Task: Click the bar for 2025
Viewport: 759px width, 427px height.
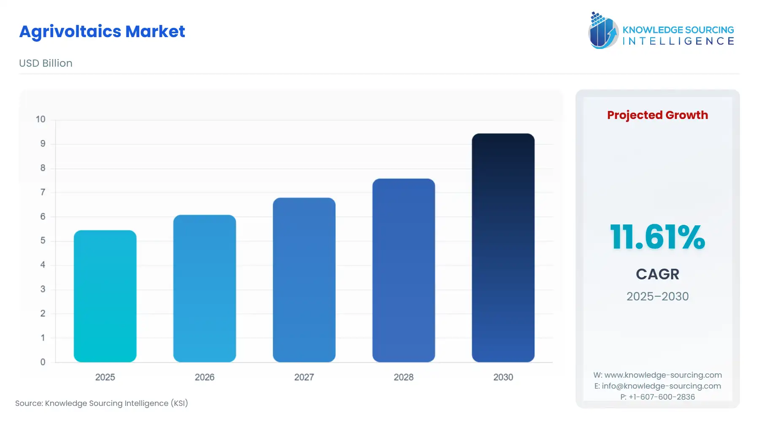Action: pos(105,296)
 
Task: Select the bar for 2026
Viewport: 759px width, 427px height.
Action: pos(205,289)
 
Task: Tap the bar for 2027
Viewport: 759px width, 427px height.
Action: pos(304,280)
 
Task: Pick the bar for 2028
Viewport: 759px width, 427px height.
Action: pos(404,270)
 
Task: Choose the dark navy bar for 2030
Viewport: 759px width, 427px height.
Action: pos(503,248)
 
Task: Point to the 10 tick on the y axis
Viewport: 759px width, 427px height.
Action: pos(40,119)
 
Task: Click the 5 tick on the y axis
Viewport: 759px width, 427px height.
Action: pos(43,241)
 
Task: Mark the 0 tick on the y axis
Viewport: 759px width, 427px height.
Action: pos(43,362)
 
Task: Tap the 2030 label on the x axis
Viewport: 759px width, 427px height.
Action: pos(503,377)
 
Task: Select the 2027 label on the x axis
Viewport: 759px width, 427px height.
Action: pos(304,377)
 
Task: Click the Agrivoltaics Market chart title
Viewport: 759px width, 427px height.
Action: pos(102,32)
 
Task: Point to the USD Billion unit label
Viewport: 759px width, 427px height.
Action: pos(46,63)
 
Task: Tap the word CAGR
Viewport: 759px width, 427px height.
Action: pos(657,274)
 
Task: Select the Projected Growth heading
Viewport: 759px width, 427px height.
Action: pos(657,115)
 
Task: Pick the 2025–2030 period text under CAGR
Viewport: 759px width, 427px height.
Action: pos(657,296)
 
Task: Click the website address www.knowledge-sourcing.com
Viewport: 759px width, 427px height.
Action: pos(663,375)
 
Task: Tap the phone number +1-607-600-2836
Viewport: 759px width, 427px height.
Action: pos(662,397)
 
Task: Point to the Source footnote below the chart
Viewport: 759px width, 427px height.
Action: pos(102,403)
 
